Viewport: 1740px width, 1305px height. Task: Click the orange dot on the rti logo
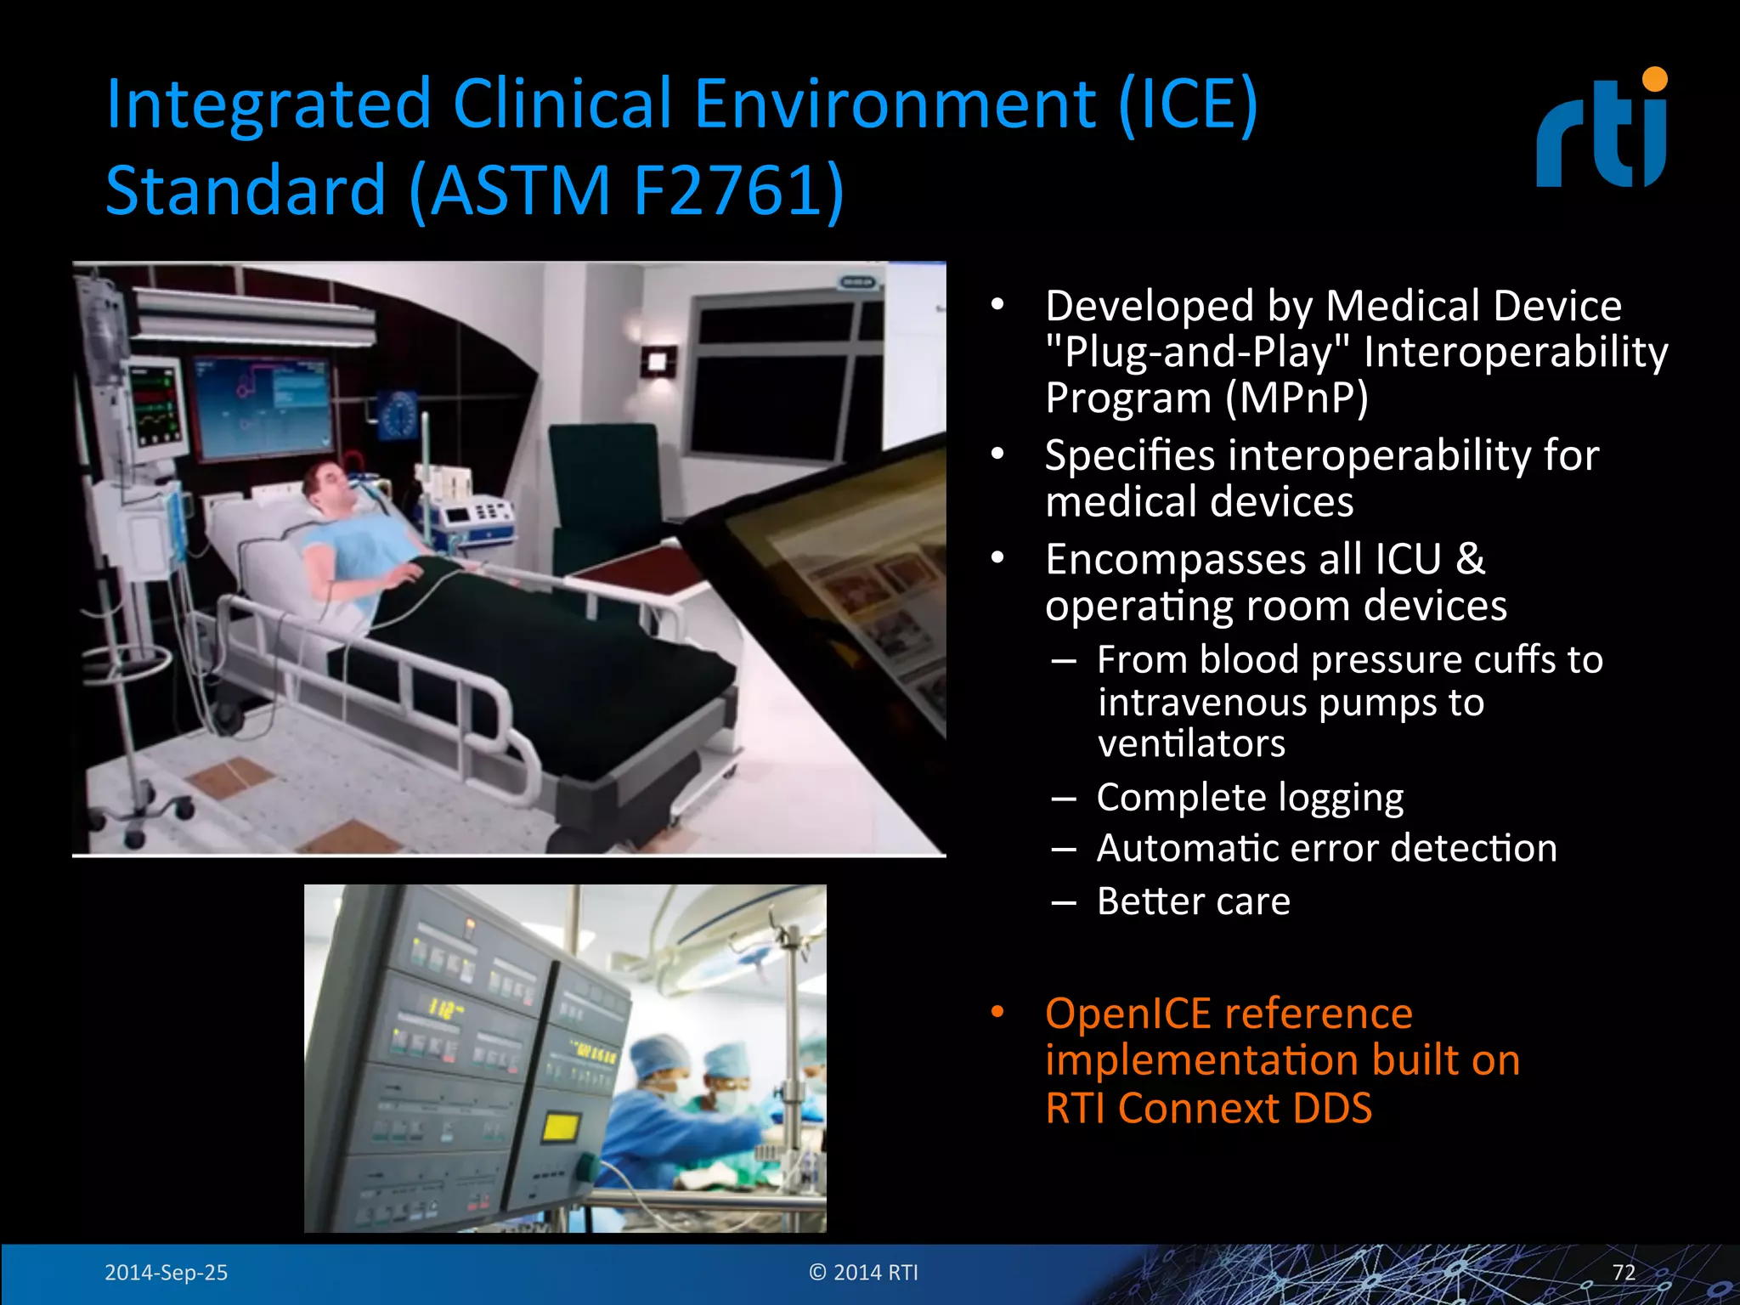coord(1654,79)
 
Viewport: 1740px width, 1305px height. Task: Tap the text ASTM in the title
coord(520,190)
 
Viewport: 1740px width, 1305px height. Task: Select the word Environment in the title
coord(895,105)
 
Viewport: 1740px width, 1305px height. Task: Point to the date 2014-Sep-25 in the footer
coord(166,1272)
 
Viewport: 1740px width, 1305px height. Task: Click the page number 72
coord(1624,1272)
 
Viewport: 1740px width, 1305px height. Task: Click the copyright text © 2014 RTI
coord(863,1272)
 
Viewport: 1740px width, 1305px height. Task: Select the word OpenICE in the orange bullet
coord(1127,1014)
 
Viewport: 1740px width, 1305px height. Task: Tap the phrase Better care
coord(1192,901)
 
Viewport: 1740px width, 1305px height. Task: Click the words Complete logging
coord(1249,798)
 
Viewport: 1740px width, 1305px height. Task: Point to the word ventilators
coord(1191,744)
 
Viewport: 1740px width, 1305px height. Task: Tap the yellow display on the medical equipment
coord(561,1128)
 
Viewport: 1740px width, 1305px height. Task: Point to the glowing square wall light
coord(658,361)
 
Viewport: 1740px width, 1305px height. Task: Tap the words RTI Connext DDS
coord(1208,1109)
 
